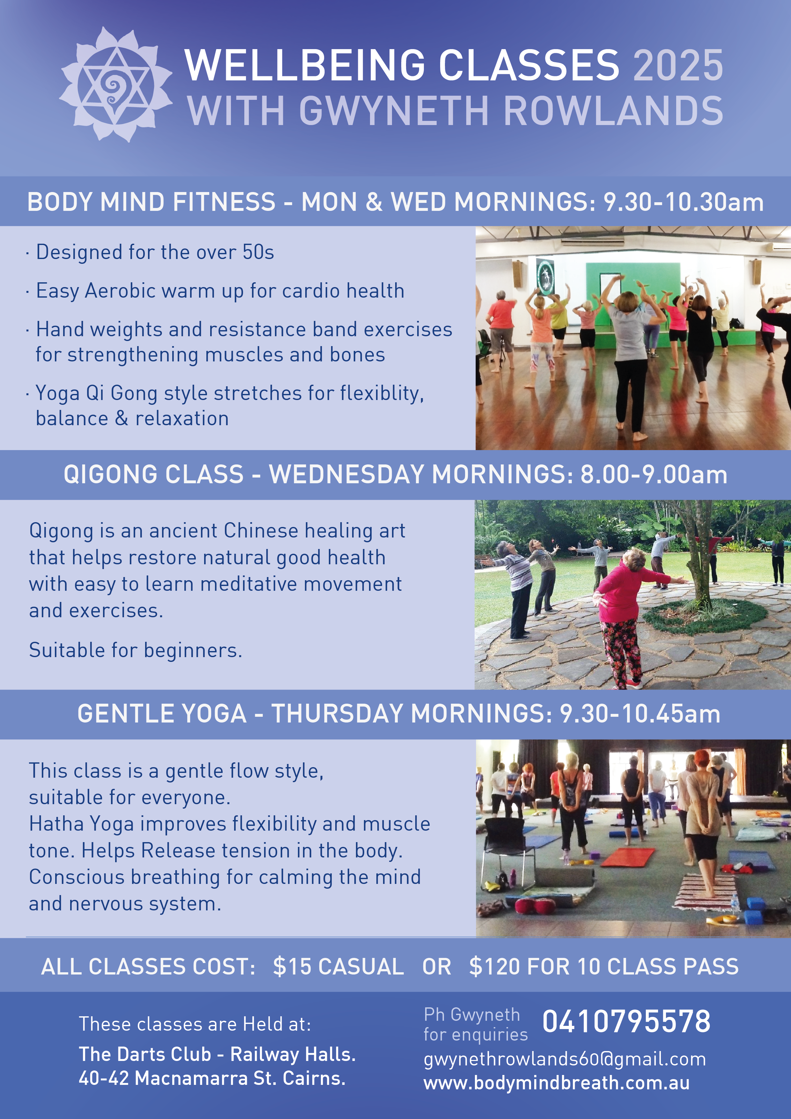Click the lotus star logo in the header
(115, 84)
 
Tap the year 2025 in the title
(678, 65)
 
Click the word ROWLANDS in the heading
(613, 111)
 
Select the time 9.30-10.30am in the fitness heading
(683, 202)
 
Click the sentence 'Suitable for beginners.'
(136, 650)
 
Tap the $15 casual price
(338, 967)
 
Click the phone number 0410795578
(626, 1021)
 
